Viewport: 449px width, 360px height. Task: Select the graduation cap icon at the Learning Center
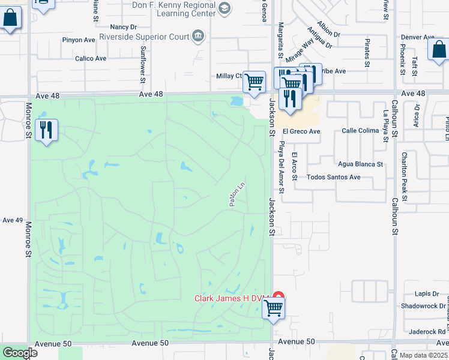(x=224, y=8)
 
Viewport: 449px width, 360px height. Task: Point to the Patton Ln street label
(x=238, y=195)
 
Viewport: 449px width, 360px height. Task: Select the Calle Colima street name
(x=360, y=131)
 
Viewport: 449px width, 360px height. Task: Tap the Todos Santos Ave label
(x=333, y=178)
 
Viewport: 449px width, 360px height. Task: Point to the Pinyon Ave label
(x=79, y=40)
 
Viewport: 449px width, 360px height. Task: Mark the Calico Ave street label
(x=91, y=59)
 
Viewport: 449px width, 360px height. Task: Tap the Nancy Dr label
(x=124, y=27)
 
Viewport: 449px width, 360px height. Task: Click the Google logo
(x=19, y=353)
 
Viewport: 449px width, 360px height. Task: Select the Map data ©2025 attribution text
(x=424, y=355)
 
